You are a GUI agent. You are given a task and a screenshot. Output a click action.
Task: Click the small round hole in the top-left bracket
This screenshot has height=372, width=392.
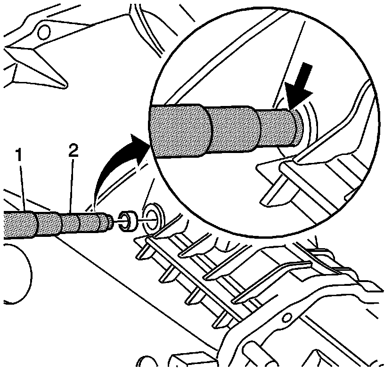pos(44,32)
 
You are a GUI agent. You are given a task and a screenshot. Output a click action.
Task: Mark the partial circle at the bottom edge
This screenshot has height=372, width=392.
pos(149,365)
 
